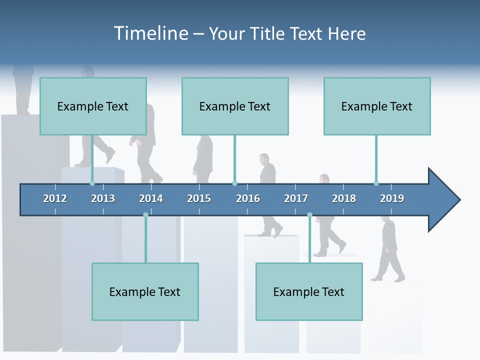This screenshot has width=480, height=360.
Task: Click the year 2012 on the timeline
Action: [x=55, y=198]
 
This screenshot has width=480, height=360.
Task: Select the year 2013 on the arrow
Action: [x=103, y=198]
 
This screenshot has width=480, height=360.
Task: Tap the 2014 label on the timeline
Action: [x=151, y=198]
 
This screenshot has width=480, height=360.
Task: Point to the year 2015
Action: [x=199, y=198]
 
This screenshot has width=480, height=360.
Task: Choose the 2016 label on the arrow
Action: [x=248, y=198]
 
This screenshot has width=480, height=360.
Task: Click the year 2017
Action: [x=296, y=198]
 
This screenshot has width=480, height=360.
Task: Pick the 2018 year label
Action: [x=344, y=198]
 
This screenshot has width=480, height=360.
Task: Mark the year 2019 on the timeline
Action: [x=392, y=198]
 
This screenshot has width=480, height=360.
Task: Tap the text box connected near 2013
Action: [x=93, y=106]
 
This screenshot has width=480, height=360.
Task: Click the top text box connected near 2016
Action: [x=235, y=106]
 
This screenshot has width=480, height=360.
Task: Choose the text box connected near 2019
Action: [x=377, y=106]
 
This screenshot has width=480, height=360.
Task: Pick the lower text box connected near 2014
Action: [x=145, y=291]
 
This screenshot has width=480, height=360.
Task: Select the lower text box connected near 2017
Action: [x=309, y=291]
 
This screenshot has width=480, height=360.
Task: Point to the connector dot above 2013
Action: [x=92, y=183]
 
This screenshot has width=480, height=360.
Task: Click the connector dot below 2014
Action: [x=145, y=215]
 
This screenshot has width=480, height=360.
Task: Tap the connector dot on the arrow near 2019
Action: [x=376, y=183]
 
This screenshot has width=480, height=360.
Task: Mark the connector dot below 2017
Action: [x=309, y=215]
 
